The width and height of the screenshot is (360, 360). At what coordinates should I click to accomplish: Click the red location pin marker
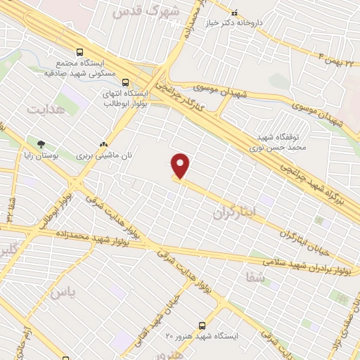(x=181, y=166)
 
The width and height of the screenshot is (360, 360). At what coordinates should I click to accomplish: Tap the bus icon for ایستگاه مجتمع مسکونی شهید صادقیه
(x=79, y=52)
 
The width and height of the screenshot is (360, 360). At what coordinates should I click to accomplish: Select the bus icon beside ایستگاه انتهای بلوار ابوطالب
(x=126, y=82)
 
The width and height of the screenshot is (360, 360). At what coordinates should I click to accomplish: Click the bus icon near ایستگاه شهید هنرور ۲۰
(x=202, y=326)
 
